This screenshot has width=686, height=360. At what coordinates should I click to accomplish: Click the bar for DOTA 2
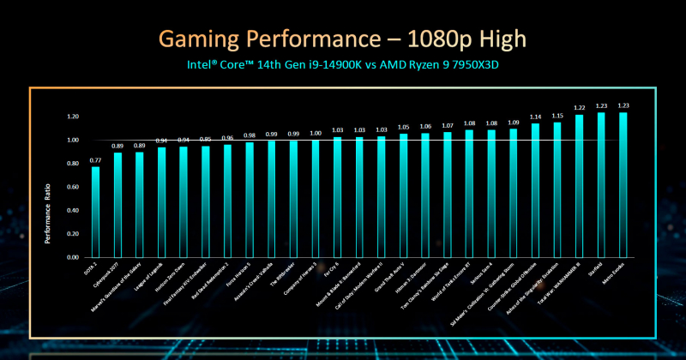pos(95,211)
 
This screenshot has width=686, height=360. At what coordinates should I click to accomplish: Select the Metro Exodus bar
pos(623,184)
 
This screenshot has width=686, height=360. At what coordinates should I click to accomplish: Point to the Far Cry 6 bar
pos(337,196)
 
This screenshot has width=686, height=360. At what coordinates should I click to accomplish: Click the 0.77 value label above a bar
pos(95,160)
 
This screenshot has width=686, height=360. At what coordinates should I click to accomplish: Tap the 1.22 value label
pos(579,108)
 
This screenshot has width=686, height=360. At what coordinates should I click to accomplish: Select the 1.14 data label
pos(535,117)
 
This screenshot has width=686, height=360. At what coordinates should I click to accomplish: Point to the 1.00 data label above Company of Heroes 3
pos(315,133)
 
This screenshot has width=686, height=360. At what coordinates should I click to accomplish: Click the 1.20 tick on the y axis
pos(72,117)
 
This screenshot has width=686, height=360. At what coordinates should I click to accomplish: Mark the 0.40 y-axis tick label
pos(72,210)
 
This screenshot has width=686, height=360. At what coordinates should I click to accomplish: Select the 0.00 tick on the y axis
pos(72,257)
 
